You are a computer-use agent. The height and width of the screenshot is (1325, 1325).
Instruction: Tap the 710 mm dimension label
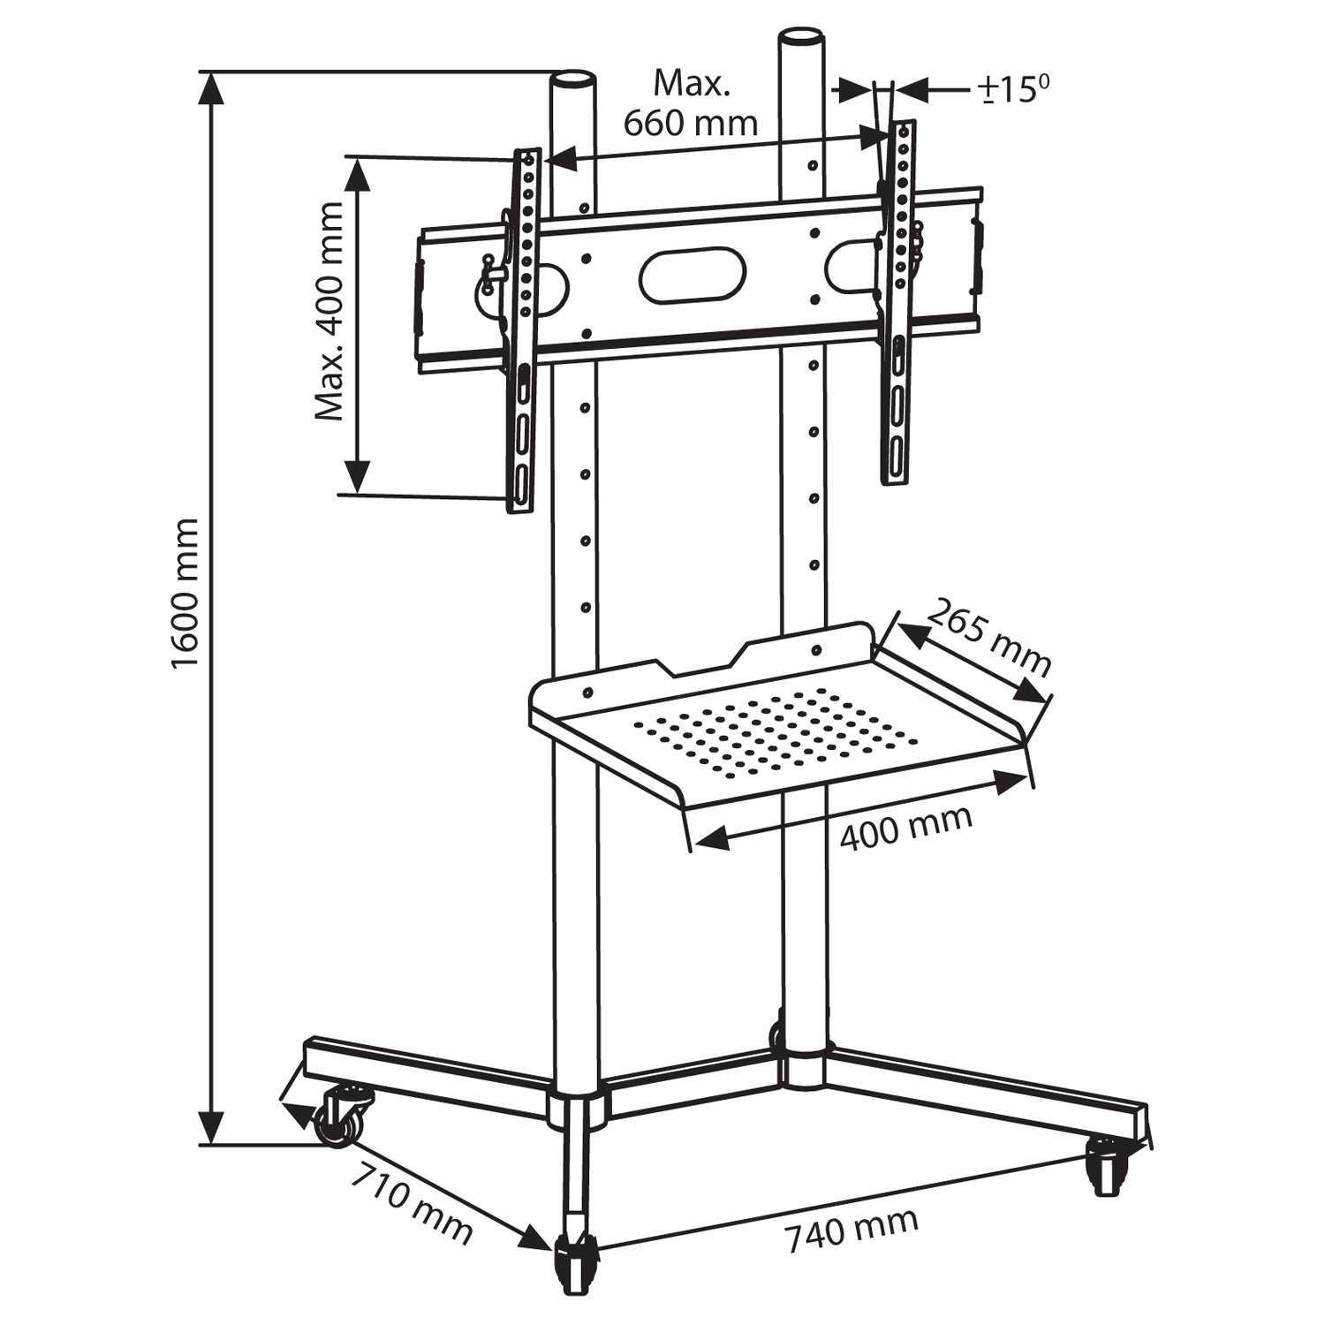pyautogui.click(x=412, y=1202)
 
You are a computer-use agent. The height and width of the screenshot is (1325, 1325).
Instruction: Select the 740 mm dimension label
pyautogui.click(x=852, y=1230)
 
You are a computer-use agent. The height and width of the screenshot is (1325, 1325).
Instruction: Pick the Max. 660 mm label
pyautogui.click(x=691, y=104)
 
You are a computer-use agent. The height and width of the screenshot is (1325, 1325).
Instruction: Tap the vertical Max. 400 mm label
pyautogui.click(x=329, y=311)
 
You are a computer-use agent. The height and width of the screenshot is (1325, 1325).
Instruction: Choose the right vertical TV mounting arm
pyautogui.click(x=897, y=300)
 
